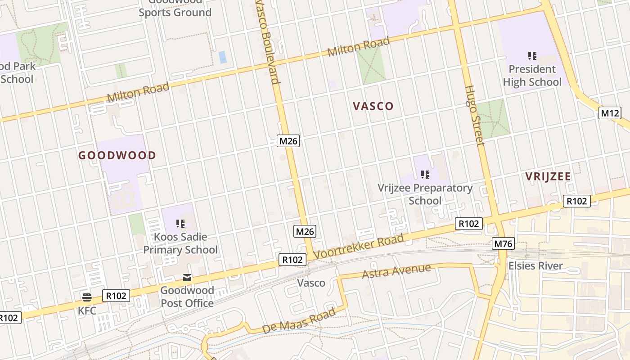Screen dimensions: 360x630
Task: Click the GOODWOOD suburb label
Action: pos(117,156)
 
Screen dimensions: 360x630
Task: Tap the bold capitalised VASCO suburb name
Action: pos(373,106)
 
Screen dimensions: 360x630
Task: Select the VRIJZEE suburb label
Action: pos(548,176)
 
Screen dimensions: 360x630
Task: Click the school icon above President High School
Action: pos(532,56)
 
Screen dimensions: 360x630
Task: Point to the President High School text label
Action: pos(532,76)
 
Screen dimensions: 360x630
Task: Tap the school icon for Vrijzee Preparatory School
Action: pos(425,174)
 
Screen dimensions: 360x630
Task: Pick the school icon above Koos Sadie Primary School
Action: pos(180,223)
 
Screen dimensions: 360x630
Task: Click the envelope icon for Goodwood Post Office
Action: pos(187,278)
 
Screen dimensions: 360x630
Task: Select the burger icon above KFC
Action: pos(87,297)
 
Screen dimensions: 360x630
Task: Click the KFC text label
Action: pos(87,310)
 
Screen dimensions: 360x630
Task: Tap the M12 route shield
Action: pos(610,113)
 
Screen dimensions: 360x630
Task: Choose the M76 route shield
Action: pos(503,244)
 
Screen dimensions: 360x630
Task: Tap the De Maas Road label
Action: pos(299,320)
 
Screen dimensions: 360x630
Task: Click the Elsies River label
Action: pos(535,265)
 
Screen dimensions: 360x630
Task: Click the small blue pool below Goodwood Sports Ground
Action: pos(222,57)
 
